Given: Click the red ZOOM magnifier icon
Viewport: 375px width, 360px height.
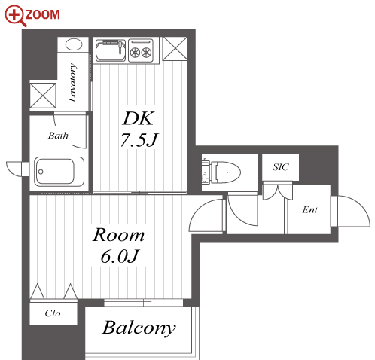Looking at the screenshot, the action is (14, 15).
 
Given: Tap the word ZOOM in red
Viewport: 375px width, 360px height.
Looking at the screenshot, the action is (43, 14).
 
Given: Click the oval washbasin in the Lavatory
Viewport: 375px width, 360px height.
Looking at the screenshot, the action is (74, 44).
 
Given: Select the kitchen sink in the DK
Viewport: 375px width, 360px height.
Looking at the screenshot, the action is (111, 50).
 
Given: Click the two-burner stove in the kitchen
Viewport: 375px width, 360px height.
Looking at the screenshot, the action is (141, 50).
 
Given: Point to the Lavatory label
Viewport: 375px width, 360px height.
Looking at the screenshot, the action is (72, 82).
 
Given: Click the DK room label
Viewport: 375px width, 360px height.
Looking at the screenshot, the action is (139, 118).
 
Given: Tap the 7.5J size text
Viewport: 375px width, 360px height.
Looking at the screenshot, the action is (139, 140).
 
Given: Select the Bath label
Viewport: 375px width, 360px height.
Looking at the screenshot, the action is (58, 136).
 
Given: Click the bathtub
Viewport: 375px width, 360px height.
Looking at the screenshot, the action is (59, 172).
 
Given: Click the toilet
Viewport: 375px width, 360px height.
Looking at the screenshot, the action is (221, 172).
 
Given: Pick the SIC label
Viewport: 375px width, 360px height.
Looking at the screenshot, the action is (281, 167).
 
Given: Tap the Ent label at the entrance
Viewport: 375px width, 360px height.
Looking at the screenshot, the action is (309, 209).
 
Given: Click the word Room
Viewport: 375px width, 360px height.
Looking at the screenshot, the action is (119, 235).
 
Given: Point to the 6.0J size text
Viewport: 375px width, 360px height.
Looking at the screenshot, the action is (120, 256).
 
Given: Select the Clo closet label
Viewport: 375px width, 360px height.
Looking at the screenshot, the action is (53, 313).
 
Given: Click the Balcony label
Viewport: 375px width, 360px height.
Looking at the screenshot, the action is (139, 328).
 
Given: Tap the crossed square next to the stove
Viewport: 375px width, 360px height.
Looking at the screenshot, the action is (175, 49).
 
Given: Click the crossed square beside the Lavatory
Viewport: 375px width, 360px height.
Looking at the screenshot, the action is (43, 96).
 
